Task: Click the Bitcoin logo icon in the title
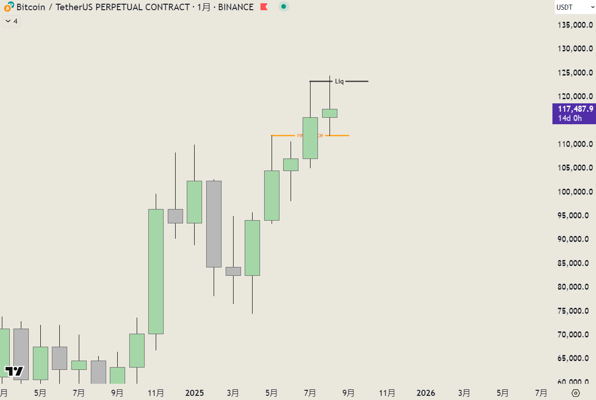click(8, 7)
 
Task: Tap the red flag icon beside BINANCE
click(264, 7)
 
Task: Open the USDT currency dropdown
click(575, 7)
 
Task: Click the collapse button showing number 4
click(11, 21)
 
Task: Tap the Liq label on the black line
click(339, 82)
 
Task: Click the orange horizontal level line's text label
click(310, 135)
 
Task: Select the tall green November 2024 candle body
click(156, 271)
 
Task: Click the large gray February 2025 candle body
click(214, 224)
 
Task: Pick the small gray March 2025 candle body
click(233, 271)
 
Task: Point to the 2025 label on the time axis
click(195, 393)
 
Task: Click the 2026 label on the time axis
click(426, 393)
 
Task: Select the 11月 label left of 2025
click(156, 393)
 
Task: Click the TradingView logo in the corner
click(14, 371)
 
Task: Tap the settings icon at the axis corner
click(576, 393)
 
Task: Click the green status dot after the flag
click(284, 7)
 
